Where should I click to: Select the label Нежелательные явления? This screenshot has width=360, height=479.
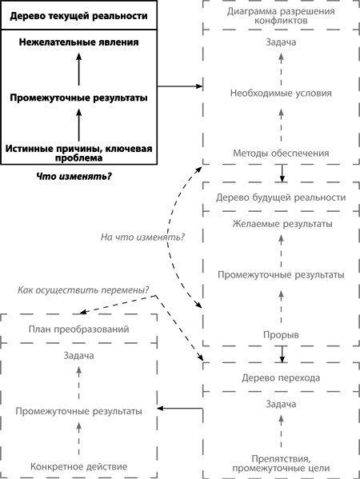pyautogui.click(x=79, y=41)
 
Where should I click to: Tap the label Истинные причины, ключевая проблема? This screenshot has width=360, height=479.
pyautogui.click(x=79, y=153)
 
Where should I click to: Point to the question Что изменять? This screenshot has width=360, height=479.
pyautogui.click(x=74, y=175)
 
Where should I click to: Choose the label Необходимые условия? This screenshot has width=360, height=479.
pyautogui.click(x=281, y=92)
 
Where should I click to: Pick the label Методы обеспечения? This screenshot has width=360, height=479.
pyautogui.click(x=281, y=154)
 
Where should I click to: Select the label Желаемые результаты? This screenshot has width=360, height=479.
pyautogui.click(x=281, y=224)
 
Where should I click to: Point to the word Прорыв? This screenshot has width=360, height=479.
pyautogui.click(x=281, y=333)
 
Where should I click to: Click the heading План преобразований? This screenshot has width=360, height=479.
pyautogui.click(x=78, y=329)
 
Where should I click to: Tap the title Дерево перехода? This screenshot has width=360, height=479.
pyautogui.click(x=281, y=377)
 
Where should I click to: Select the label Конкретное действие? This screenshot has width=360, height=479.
pyautogui.click(x=78, y=466)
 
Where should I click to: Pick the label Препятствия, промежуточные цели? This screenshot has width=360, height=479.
pyautogui.click(x=281, y=462)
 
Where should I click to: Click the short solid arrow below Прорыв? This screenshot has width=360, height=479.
pyautogui.click(x=282, y=353)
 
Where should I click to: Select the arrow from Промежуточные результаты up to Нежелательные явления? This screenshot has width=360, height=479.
pyautogui.click(x=79, y=70)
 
